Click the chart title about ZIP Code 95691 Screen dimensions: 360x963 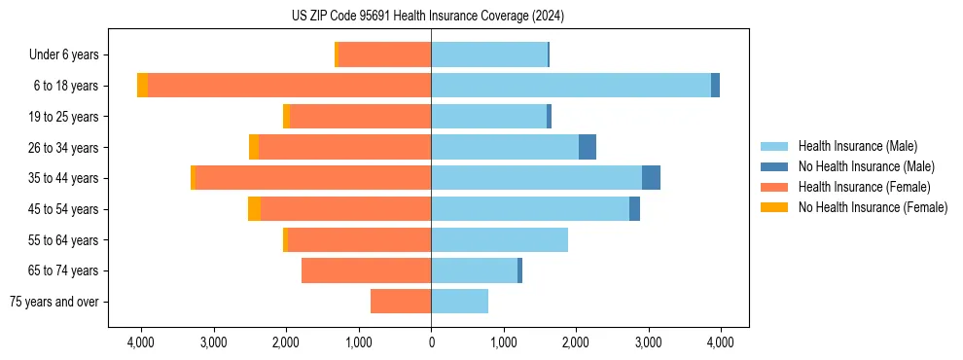[x=427, y=17]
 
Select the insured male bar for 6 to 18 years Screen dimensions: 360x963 [x=571, y=86]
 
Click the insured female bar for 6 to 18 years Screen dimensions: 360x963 [x=289, y=86]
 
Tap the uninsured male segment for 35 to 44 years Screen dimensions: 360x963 [x=651, y=178]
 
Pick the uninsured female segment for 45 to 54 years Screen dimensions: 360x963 [x=254, y=209]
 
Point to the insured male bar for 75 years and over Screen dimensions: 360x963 [x=459, y=302]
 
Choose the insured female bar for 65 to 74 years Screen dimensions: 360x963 [x=366, y=270]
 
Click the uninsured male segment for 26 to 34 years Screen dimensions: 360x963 [x=588, y=147]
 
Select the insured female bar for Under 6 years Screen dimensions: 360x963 [x=384, y=54]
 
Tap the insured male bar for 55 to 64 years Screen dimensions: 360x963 [x=499, y=239]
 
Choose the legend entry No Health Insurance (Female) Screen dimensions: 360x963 [x=873, y=207]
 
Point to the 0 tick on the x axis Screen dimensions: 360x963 [x=431, y=342]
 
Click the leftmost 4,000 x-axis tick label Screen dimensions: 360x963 [x=141, y=342]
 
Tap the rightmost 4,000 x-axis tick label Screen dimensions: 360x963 [x=720, y=342]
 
